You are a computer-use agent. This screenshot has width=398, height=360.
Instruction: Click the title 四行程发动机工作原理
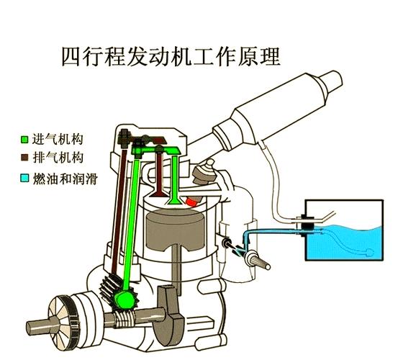(x=170, y=55)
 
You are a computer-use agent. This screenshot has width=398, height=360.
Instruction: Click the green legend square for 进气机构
(x=25, y=138)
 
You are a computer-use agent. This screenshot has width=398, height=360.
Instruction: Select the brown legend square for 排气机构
(x=25, y=156)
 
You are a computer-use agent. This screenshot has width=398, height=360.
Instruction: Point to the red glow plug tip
(x=191, y=202)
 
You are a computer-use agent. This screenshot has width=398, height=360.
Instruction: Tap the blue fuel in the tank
(x=345, y=241)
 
